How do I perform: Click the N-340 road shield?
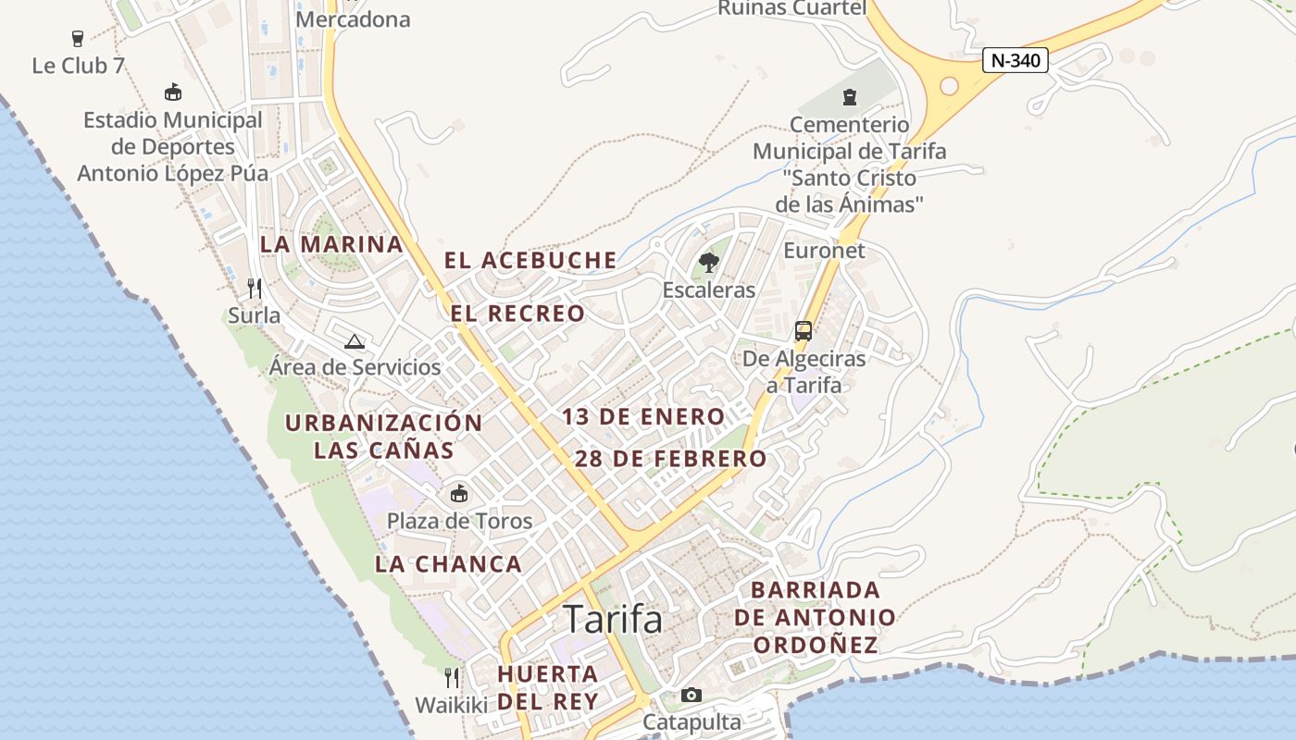point(1015,61)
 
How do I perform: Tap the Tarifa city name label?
point(613,619)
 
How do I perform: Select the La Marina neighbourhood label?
point(331,244)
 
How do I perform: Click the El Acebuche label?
point(530,260)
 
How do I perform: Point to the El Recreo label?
point(517,314)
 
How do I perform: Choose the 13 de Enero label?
point(643,416)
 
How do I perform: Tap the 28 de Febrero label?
point(671,458)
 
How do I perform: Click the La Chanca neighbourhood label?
point(449,563)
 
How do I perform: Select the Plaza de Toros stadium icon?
point(459,494)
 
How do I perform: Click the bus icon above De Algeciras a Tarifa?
point(804,331)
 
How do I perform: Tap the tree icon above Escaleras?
point(708,263)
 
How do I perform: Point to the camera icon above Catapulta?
point(692,695)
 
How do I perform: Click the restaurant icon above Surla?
point(255,289)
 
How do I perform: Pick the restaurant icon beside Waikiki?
point(451,678)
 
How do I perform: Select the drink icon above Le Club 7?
point(78,39)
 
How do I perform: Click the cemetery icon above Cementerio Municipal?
point(849,96)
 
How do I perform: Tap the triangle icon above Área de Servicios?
point(355,341)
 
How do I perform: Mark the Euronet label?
point(824,251)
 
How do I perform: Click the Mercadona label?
point(353,19)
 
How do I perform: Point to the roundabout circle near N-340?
point(949,86)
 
